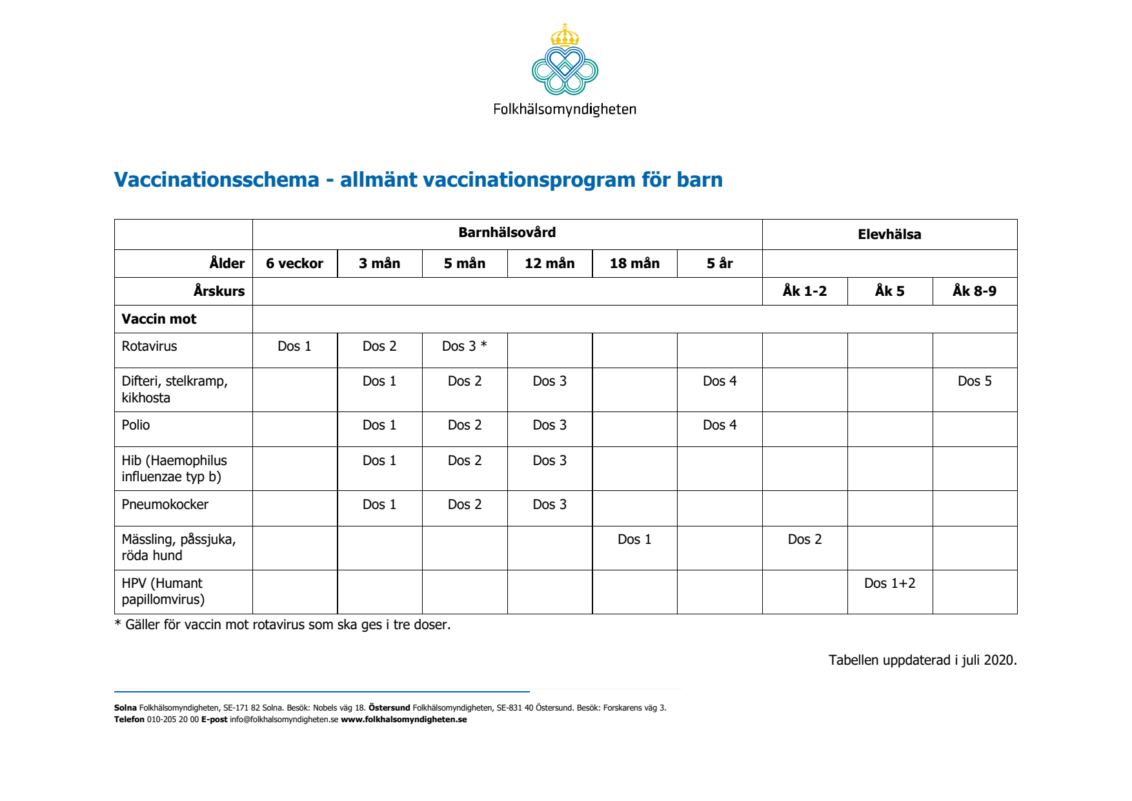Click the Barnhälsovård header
pyautogui.click(x=507, y=233)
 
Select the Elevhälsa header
pyautogui.click(x=889, y=234)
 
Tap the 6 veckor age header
pyautogui.click(x=294, y=264)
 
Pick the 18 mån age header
pyautogui.click(x=634, y=264)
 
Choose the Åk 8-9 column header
pyautogui.click(x=974, y=291)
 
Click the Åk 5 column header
pyautogui.click(x=889, y=291)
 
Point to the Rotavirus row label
pyautogui.click(x=149, y=346)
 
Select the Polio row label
pyautogui.click(x=136, y=425)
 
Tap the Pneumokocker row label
pyautogui.click(x=165, y=505)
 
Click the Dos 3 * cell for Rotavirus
pyautogui.click(x=464, y=346)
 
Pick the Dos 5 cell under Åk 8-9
pyautogui.click(x=974, y=381)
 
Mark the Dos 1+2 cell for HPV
pyautogui.click(x=889, y=583)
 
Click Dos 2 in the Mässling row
pyautogui.click(x=804, y=539)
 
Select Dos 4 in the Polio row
pyautogui.click(x=719, y=425)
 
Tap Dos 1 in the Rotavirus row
pyautogui.click(x=294, y=346)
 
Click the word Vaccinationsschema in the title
pyautogui.click(x=216, y=180)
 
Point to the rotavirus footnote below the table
pyautogui.click(x=282, y=625)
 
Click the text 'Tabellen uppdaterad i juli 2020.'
pyautogui.click(x=922, y=660)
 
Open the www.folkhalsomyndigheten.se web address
pyautogui.click(x=403, y=720)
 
